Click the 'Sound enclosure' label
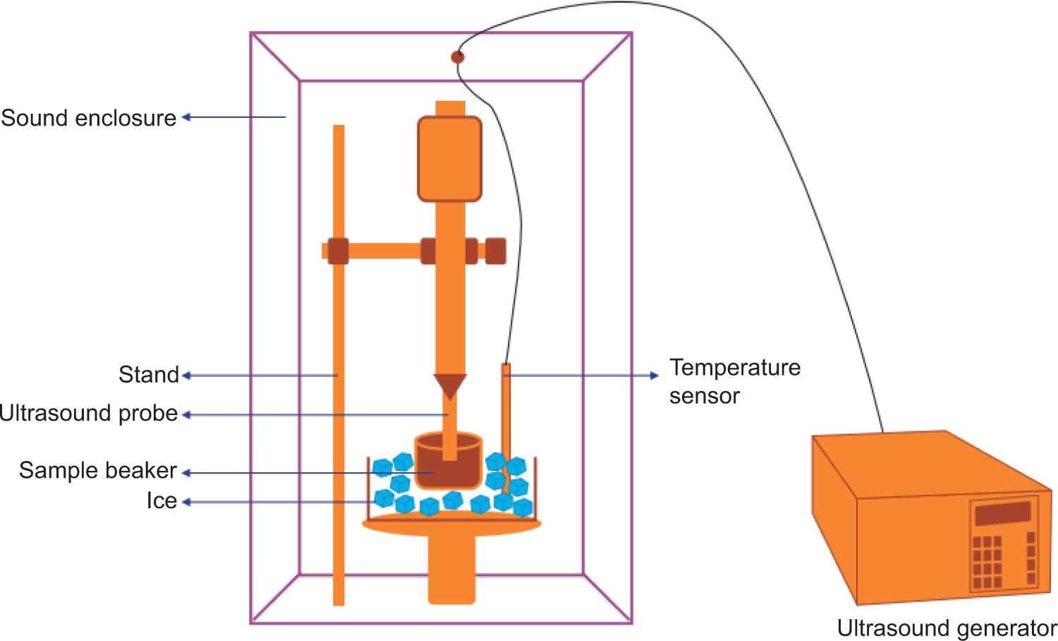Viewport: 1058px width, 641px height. click(89, 118)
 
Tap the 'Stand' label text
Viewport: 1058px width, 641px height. click(149, 375)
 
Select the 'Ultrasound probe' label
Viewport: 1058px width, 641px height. click(89, 414)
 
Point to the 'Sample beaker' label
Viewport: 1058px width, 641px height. click(98, 471)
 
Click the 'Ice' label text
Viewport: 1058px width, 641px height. click(162, 501)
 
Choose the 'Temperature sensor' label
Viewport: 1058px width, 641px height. click(734, 381)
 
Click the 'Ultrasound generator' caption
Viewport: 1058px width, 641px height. click(947, 628)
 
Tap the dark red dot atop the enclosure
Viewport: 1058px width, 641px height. click(458, 57)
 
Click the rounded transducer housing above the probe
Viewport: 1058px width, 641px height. click(450, 158)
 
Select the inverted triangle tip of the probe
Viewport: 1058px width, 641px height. click(450, 385)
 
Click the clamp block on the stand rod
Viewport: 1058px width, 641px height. click(338, 251)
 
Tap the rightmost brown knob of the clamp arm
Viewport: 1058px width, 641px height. click(496, 251)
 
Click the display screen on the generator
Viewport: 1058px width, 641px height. click(1001, 514)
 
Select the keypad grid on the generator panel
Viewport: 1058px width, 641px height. click(987, 562)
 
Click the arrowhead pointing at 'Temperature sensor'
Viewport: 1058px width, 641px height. click(654, 376)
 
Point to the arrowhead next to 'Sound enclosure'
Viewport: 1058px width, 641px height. click(187, 117)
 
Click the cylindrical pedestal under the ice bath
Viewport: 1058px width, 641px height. click(452, 568)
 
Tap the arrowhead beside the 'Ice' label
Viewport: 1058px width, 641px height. click(187, 502)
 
